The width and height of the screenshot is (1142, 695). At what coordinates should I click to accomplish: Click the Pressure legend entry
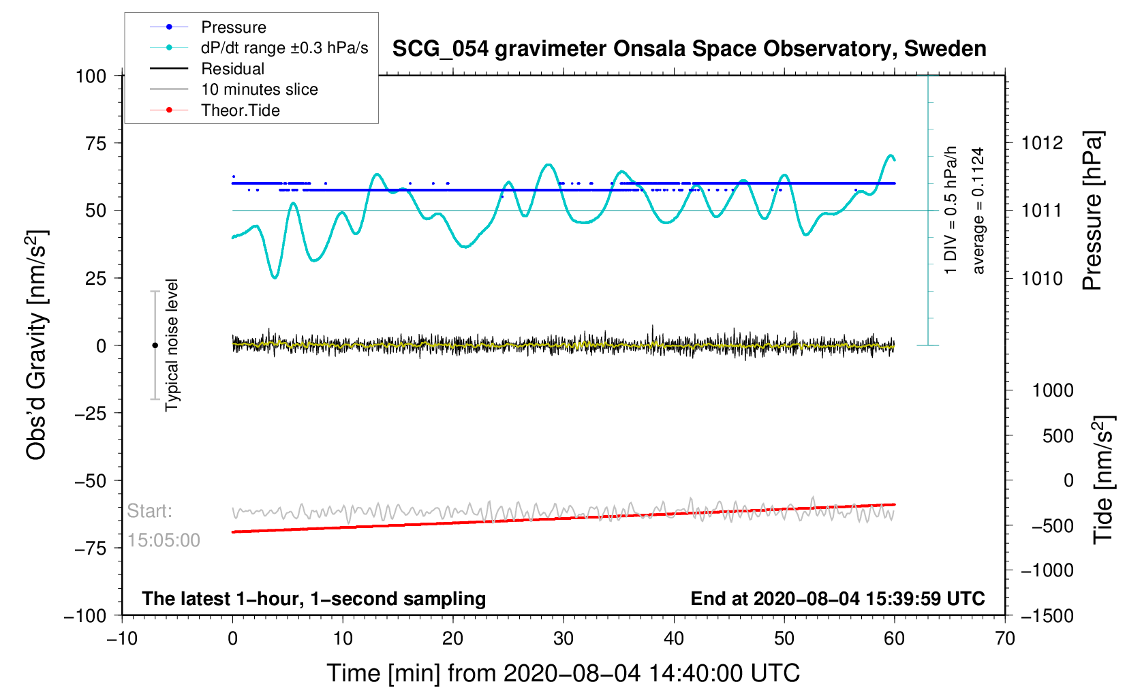233,27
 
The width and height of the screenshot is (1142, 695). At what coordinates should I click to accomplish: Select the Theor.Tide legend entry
240,110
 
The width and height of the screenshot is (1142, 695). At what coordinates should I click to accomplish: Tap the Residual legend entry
232,69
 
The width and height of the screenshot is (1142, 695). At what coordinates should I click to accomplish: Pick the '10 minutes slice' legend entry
259,89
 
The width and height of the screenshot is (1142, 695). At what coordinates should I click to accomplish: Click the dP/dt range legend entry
284,48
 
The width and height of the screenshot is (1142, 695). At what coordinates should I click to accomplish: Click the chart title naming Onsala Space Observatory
689,49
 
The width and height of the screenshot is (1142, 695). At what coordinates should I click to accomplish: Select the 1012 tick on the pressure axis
1042,143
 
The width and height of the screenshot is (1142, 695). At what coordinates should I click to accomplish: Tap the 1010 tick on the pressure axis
1042,279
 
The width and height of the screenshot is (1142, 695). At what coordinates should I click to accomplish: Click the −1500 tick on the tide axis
1047,616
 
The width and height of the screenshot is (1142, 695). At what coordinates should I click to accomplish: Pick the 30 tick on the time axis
564,639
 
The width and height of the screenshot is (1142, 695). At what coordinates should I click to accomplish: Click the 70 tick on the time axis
1005,639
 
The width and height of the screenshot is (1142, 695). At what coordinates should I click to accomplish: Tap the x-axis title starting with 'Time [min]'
563,673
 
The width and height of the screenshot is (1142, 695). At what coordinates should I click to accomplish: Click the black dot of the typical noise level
155,345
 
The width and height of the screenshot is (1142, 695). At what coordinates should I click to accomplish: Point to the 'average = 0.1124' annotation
978,211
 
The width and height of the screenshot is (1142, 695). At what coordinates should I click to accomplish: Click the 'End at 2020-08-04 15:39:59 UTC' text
837,599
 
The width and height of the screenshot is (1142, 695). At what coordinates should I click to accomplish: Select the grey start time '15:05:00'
164,540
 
